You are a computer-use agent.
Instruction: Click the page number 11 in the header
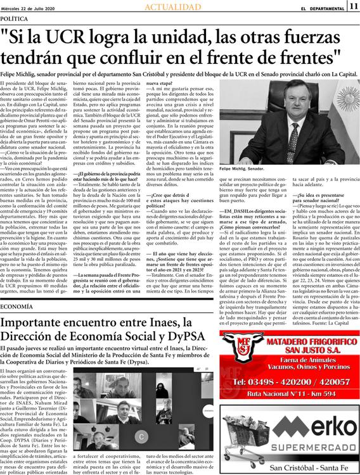[353, 6]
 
